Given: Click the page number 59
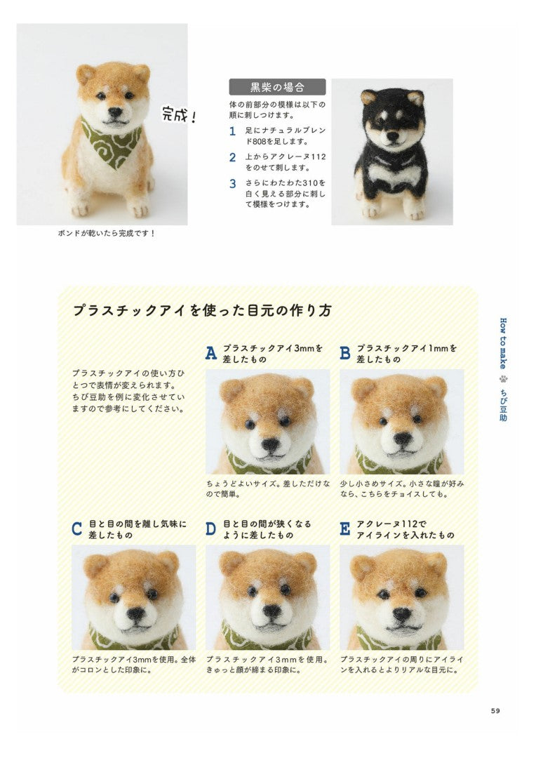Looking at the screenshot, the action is pos(495,710).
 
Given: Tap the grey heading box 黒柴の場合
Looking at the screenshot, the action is pos(277,87).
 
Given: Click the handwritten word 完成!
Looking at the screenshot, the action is pos(180,114).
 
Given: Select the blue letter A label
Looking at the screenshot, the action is pos(211,353).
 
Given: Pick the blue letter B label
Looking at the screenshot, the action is pos(345,353).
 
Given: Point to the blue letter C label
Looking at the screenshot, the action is pos(77,529).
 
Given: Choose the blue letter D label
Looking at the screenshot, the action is pos(210,529).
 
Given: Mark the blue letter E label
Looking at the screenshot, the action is pos(344,529).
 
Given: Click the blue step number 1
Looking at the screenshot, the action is pos(232,131).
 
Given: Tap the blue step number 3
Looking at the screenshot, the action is pos(232,184).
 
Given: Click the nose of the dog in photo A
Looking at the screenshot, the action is pos(271,444).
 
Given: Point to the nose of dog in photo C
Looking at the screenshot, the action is pos(136,614).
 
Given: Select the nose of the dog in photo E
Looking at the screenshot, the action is pos(402,614).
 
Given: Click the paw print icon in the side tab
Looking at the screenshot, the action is pos(503,379).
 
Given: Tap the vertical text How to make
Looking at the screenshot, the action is pos(503,343).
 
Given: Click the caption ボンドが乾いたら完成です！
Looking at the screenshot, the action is pos(107,234).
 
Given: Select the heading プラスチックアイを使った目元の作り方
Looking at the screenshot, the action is pos(202,310).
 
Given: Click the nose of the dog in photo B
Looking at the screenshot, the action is pos(403,439).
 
